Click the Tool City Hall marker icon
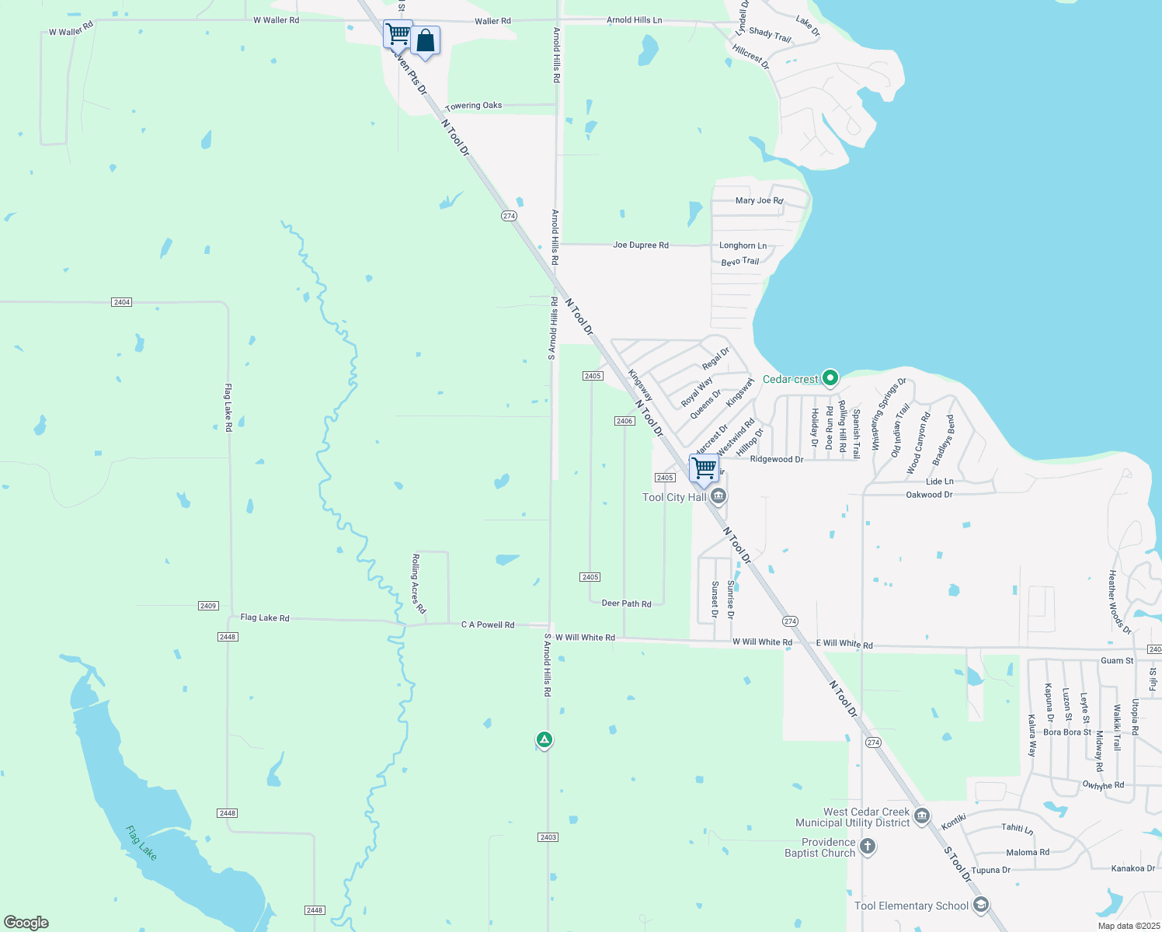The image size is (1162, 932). pos(718,496)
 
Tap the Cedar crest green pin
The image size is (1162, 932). pos(830,378)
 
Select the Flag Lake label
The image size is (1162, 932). pos(141,843)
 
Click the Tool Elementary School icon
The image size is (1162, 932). pos(981,905)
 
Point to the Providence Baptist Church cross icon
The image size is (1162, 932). pos(868,847)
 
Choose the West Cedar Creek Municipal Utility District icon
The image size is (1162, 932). pos(922,815)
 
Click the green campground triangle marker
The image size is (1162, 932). pos(544,740)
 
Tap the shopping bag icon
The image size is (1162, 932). pos(426,40)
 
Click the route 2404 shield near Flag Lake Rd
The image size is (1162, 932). pos(121,302)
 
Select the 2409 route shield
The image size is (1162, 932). pos(208,606)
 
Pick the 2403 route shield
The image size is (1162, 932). pos(548,837)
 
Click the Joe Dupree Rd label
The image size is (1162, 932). pos(641,245)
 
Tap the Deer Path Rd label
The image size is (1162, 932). pos(627,603)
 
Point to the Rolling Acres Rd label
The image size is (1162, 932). pos(419,584)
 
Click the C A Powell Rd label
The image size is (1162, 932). pos(488,624)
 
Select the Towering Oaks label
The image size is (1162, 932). pos(474,106)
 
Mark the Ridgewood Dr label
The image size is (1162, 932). pos(777,459)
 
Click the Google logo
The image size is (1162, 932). pos(26,923)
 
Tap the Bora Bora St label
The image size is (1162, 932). pos(1067,732)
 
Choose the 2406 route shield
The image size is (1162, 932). pos(624,421)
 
